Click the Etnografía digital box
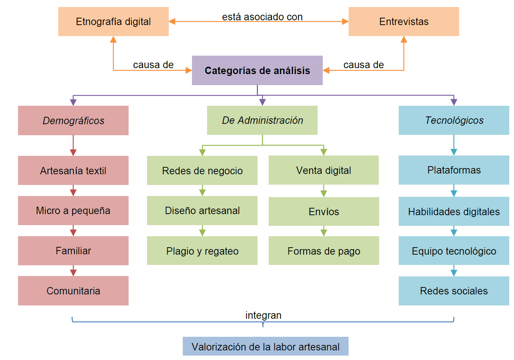pos(113,21)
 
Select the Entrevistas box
pos(403,21)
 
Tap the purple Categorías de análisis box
pos(257,70)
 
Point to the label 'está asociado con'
pos(262,17)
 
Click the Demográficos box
pos(73,120)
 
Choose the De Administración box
pos(262,120)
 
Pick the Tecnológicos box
pos(454,120)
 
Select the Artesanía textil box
pos(73,170)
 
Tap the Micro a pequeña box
pos(73,210)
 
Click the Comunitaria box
pos(73,291)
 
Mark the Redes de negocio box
pos(202,170)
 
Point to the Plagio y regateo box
pos(202,251)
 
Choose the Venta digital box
pos(324,170)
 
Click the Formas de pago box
pos(324,251)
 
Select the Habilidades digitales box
pos(454,211)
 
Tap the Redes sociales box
pos(454,291)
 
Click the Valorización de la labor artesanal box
pos(265,346)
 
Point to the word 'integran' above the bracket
pos(263,315)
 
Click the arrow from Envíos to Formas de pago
pos(324,231)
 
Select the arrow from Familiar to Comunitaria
pos(73,271)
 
